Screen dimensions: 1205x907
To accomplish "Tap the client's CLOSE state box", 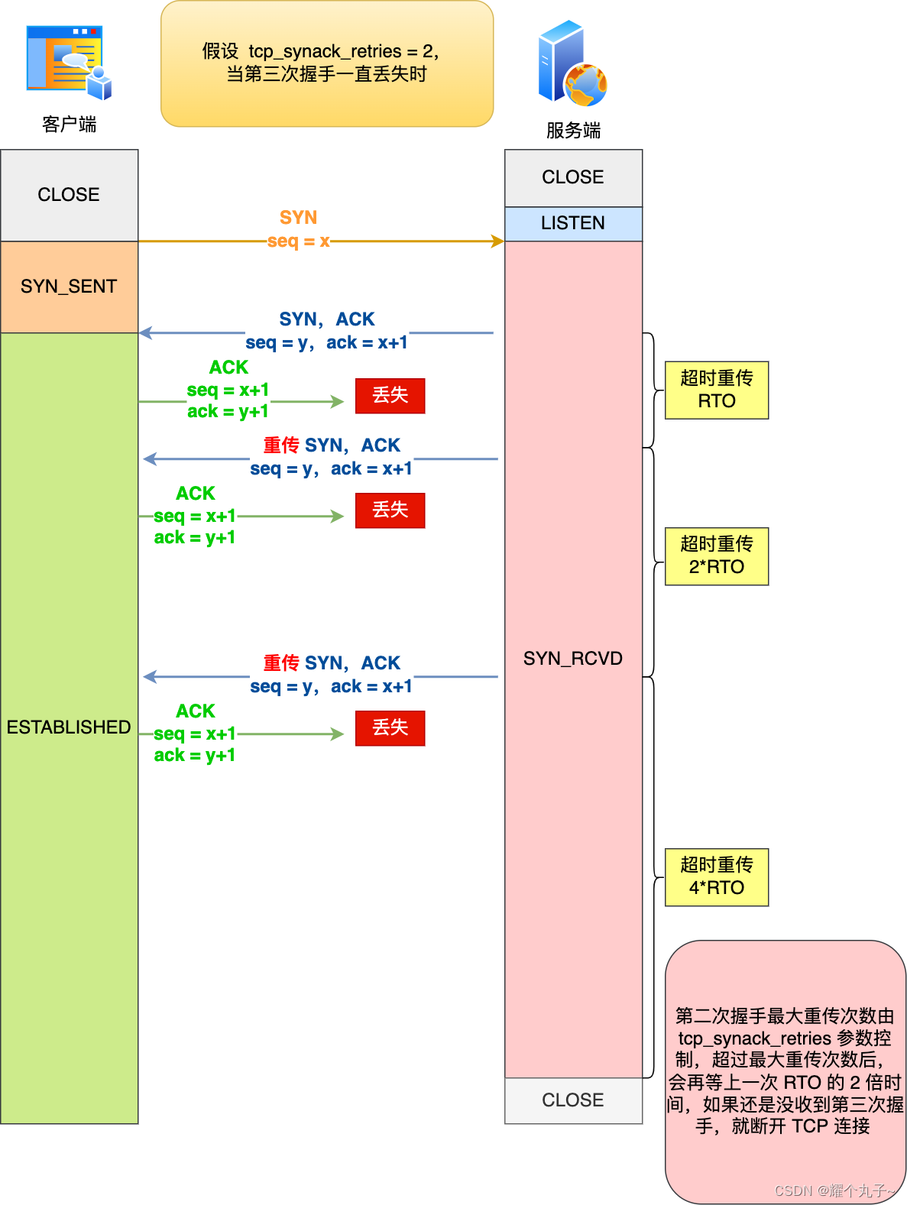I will (69, 195).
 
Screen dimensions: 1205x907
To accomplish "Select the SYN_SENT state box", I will (69, 287).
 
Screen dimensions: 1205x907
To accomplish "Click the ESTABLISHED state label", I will (69, 727).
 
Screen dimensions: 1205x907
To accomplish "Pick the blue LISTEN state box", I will (573, 223).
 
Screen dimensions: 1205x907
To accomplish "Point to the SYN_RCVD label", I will (573, 658).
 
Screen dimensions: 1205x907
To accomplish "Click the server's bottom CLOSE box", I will (573, 1100).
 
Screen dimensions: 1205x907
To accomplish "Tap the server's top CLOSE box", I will (573, 177).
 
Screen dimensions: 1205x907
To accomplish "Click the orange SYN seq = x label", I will (299, 229).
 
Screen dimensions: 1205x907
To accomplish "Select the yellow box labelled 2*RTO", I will (716, 556).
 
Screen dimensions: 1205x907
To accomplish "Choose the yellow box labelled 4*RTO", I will (716, 876).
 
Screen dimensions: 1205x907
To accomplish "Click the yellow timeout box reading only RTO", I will (716, 390).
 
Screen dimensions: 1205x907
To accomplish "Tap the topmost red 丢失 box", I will (390, 395).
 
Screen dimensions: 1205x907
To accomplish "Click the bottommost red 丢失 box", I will (390, 727).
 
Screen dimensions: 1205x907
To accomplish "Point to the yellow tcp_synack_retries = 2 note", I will (327, 63).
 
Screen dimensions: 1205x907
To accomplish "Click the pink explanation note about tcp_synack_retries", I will (785, 1071).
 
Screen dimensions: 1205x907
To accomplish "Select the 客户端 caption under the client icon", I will (69, 125).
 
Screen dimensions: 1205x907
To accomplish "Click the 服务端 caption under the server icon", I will (573, 131).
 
